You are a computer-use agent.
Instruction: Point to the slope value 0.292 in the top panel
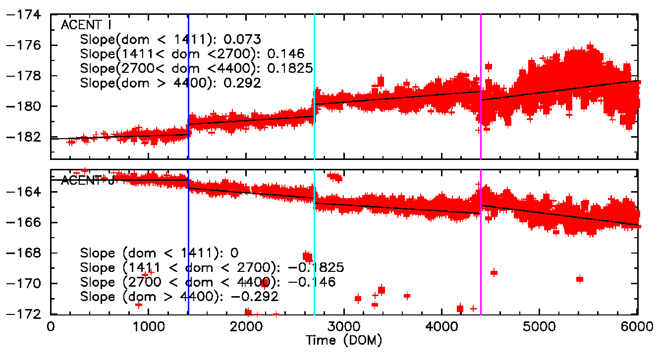[243, 83]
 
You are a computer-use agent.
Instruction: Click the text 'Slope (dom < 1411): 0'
[163, 253]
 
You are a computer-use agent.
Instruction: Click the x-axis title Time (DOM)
[343, 340]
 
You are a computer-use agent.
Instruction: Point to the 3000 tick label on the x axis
[343, 327]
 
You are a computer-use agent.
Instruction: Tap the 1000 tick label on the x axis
[148, 327]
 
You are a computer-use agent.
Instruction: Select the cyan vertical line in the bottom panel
[315, 257]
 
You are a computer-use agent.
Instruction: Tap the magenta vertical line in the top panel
[481, 50]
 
